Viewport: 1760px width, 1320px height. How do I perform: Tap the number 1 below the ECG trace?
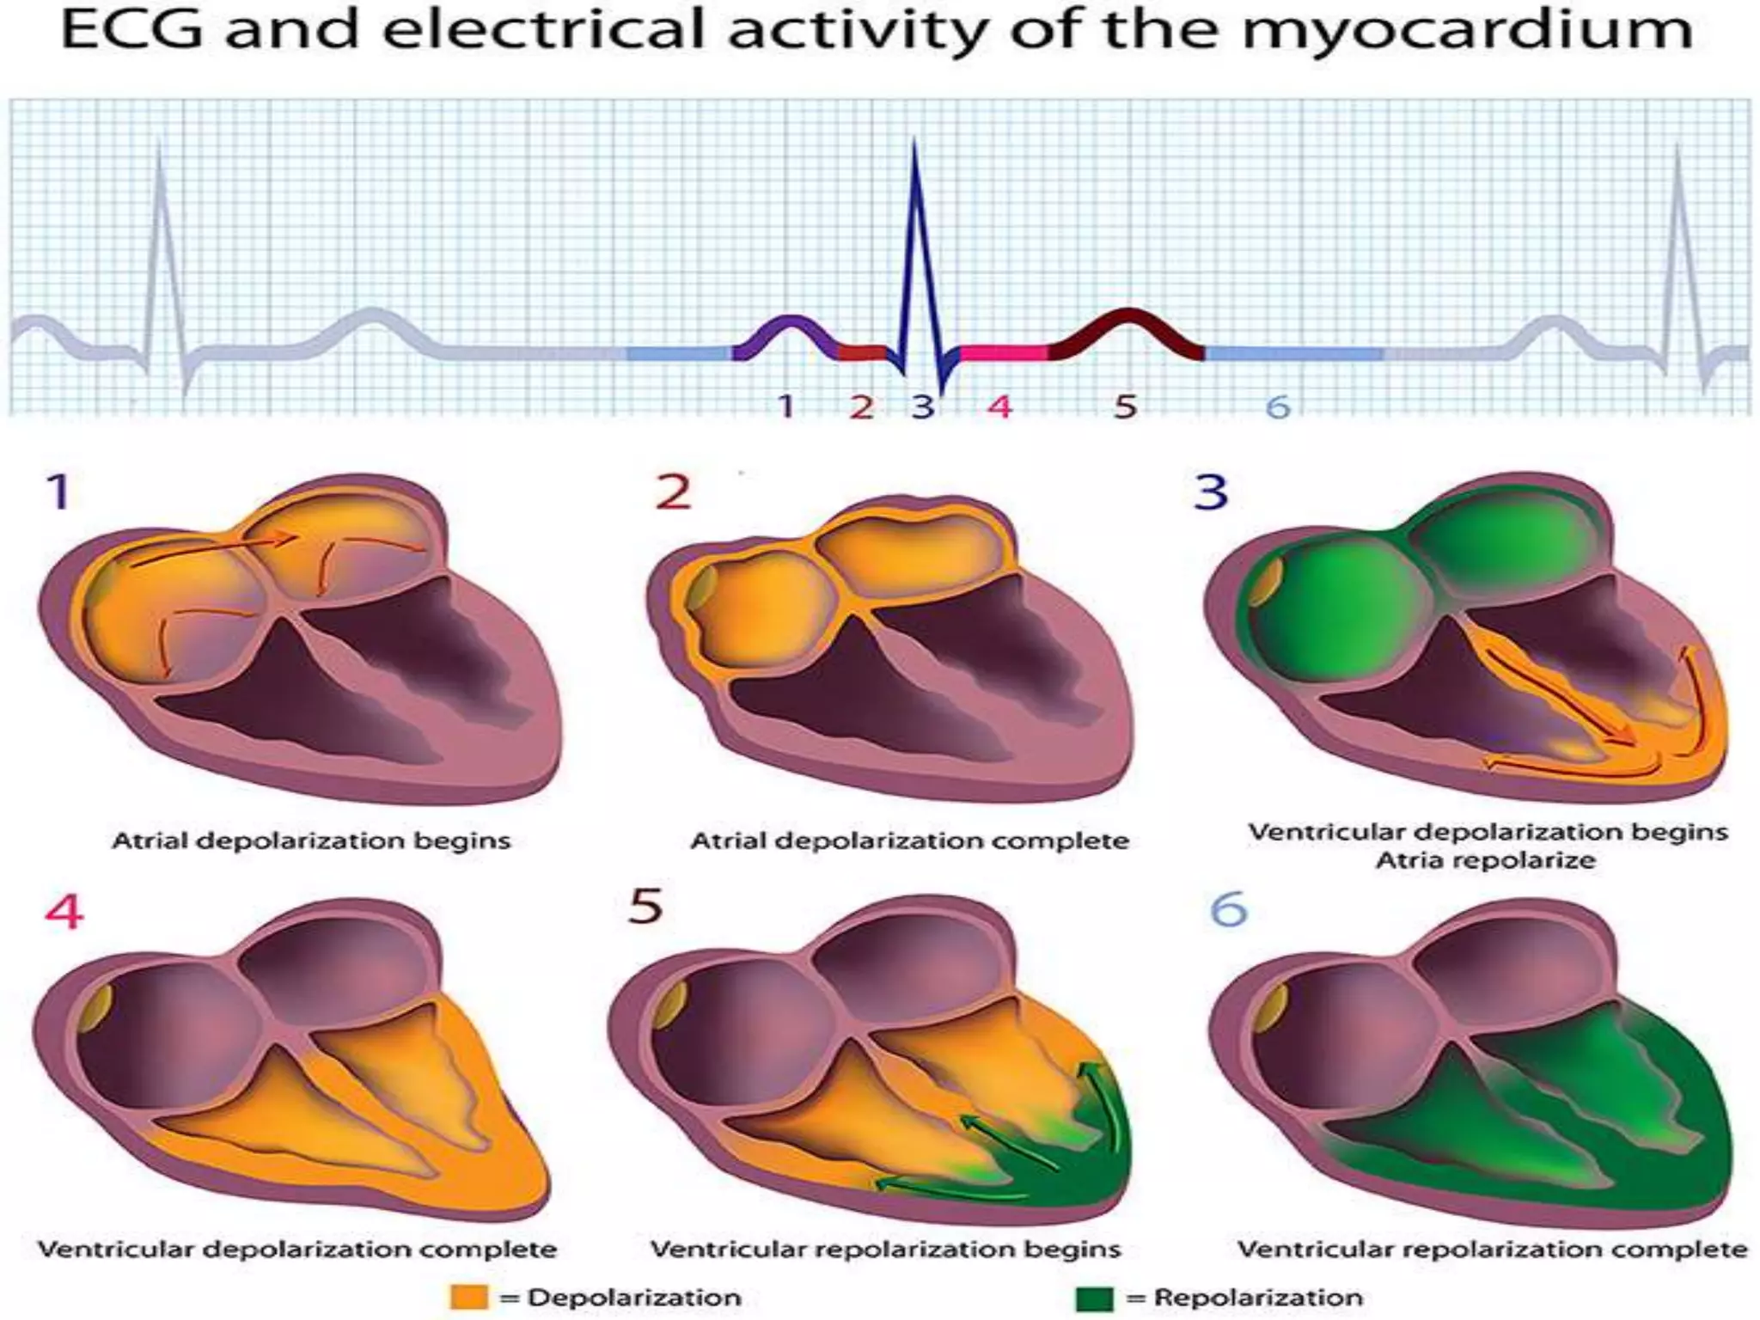[x=785, y=406]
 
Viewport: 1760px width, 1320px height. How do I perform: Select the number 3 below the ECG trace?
[x=923, y=406]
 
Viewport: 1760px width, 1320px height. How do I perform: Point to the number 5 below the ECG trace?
[x=1125, y=406]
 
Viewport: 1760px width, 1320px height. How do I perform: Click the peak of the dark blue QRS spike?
[x=914, y=144]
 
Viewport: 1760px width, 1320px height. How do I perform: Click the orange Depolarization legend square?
[x=468, y=1297]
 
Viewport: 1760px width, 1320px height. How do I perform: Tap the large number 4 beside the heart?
[x=64, y=912]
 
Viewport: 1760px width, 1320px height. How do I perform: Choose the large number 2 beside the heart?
[x=673, y=492]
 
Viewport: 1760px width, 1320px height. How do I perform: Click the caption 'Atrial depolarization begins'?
[x=311, y=840]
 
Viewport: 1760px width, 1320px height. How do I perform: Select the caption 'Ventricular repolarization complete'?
[x=1492, y=1249]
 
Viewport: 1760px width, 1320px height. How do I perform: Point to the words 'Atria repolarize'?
[x=1486, y=860]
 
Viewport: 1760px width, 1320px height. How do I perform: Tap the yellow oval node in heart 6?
[x=1269, y=1007]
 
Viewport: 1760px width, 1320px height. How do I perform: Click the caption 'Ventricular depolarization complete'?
[x=297, y=1249]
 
